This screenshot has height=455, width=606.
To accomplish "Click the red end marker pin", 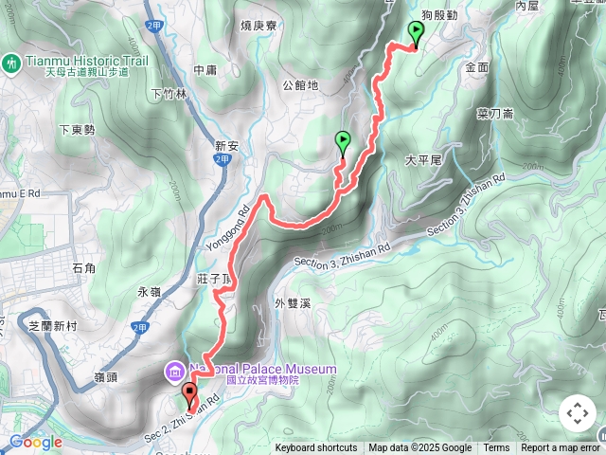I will pos(189,392).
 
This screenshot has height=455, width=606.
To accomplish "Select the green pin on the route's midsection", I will pos(343,142).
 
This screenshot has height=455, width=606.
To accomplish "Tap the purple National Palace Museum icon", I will pos(175,370).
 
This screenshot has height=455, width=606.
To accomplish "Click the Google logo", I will pos(35,442).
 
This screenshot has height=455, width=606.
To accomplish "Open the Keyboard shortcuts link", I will pos(316,448).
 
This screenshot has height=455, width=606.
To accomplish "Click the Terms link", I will pos(496,448).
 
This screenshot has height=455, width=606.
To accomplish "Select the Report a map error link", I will pos(561,448).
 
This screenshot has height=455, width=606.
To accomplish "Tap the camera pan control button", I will pos(577,413).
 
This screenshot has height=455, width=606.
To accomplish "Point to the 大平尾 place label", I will pos(423,161).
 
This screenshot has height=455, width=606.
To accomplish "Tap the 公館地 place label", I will pos(301,85).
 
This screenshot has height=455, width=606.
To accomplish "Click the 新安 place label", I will pos(228,146).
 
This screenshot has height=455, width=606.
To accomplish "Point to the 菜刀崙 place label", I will pos(494,113).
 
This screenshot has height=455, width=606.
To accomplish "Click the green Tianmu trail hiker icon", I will pos(11,63).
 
